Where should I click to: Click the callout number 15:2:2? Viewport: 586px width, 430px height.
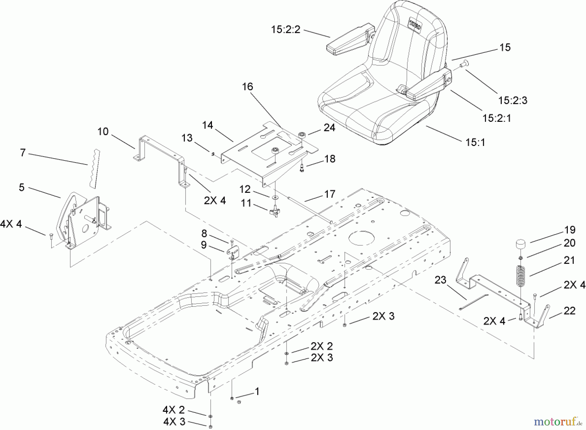286,30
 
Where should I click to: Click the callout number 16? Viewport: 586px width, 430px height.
247,87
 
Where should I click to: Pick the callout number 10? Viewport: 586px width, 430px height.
103,132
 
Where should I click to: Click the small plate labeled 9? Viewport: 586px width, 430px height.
231,252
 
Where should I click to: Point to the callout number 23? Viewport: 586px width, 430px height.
440,280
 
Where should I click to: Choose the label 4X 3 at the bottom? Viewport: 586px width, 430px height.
174,422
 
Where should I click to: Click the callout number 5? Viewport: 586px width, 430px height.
21,188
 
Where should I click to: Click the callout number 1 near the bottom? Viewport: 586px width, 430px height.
257,392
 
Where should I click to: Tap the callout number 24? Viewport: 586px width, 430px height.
329,128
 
